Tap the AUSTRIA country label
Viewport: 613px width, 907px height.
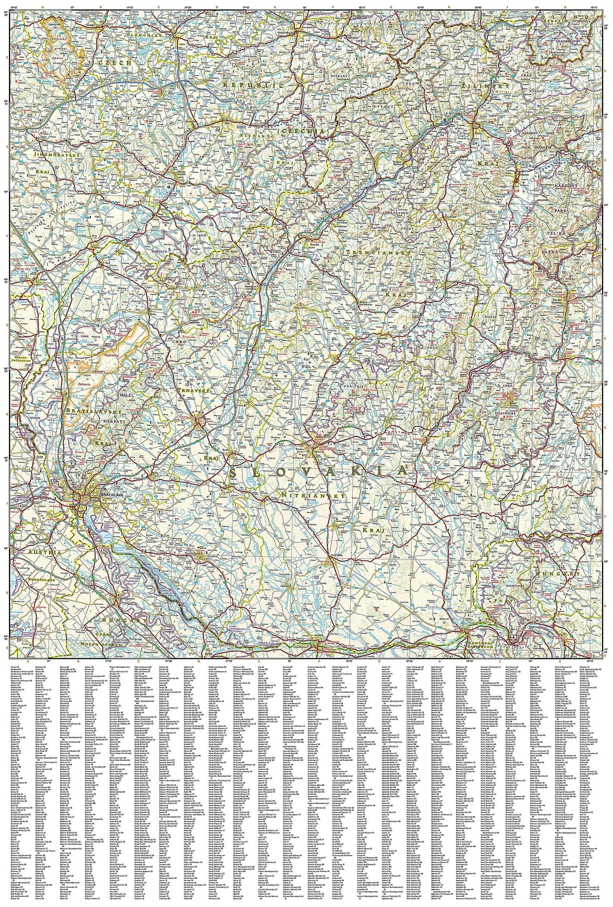pyautogui.click(x=45, y=552)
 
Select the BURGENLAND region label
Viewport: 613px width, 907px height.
pyautogui.click(x=44, y=579)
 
